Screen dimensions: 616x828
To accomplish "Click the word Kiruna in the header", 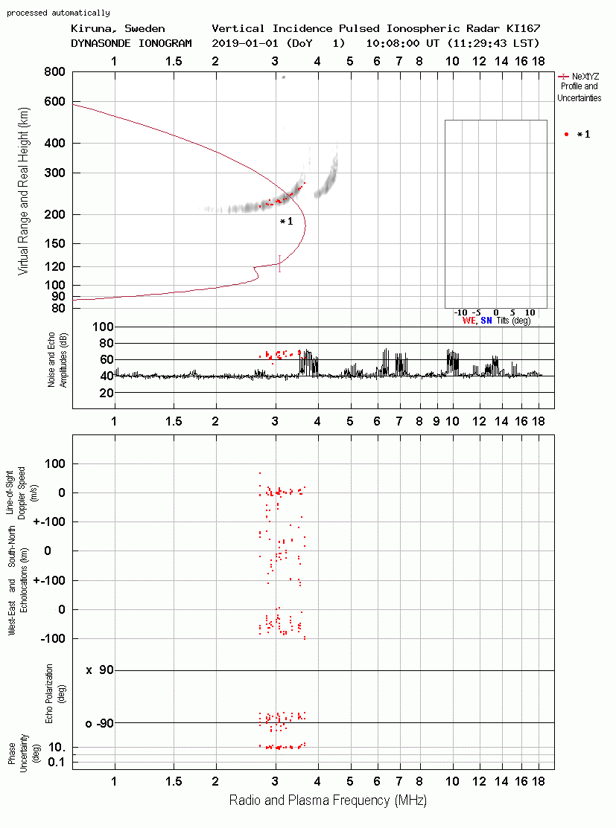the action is [91, 28].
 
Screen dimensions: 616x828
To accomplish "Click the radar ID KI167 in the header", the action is [523, 28].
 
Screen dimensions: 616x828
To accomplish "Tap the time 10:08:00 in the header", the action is [393, 43].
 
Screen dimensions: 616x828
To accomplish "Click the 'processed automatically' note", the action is [58, 13].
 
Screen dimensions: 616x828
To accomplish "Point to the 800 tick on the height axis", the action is [54, 71].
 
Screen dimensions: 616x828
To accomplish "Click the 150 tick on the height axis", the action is [54, 243].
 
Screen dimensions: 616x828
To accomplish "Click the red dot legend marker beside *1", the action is [566, 134].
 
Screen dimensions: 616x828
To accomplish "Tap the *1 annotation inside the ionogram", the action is [286, 221].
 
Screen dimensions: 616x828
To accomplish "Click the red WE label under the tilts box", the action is [469, 321].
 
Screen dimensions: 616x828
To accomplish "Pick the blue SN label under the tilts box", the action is [486, 321].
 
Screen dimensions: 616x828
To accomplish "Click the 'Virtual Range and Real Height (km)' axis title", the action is [23, 191].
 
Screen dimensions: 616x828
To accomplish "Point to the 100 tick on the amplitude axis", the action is [103, 327].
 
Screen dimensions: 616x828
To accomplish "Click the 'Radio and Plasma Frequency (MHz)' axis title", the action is [328, 800].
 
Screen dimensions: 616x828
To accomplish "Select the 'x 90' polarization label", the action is [100, 670].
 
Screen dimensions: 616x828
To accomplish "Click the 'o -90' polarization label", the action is [99, 723].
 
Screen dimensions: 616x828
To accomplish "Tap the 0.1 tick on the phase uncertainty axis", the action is [57, 762].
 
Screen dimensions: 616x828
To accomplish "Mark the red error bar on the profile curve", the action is [280, 263].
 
